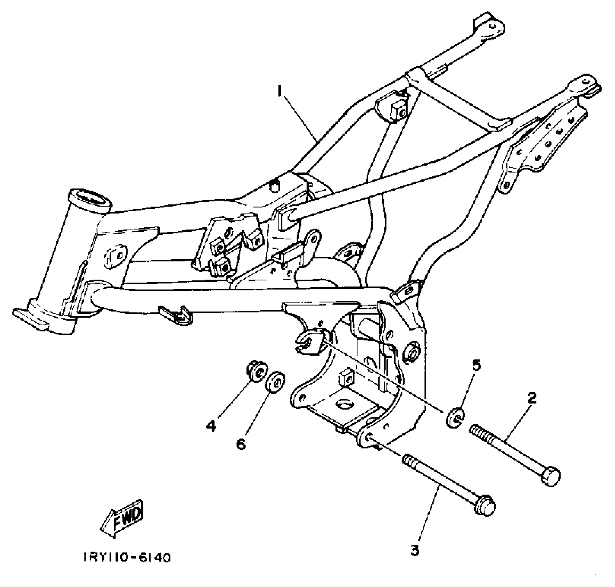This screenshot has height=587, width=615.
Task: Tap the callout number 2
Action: [532, 398]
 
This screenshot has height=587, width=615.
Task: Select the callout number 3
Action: [415, 550]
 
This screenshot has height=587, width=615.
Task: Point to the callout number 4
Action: [211, 425]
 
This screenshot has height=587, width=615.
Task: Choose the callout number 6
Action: [241, 443]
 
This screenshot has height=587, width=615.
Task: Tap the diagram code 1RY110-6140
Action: [127, 567]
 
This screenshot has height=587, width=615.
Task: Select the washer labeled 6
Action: [275, 382]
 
